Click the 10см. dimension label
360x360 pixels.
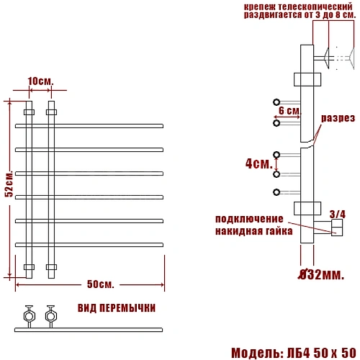(41, 81)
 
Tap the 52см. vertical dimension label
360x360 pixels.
(9, 184)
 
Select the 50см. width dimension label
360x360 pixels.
(100, 284)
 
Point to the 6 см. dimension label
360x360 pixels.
(289, 111)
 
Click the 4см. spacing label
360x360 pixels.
(259, 164)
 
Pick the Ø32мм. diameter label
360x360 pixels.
(321, 274)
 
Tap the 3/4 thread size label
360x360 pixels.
(338, 215)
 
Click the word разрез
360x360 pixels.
(338, 118)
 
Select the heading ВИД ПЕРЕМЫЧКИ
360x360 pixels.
(117, 308)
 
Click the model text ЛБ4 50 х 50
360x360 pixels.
(322, 353)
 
